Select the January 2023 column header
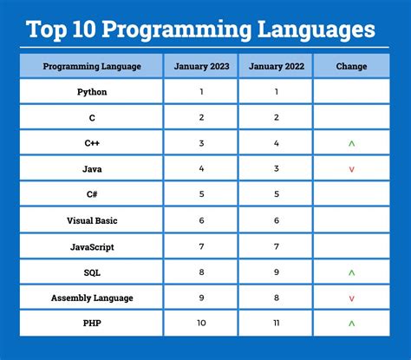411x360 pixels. tap(201, 66)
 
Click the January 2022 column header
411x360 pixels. tap(276, 66)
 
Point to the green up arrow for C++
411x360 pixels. tap(351, 143)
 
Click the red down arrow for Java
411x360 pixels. tap(351, 169)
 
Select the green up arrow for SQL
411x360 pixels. tap(351, 272)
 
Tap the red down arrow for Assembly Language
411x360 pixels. tap(351, 298)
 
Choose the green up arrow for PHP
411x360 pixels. tap(351, 324)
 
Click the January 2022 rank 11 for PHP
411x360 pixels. tap(276, 324)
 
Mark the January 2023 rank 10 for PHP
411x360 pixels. tap(201, 324)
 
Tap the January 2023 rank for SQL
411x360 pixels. tap(201, 272)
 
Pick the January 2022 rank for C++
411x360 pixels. tap(276, 143)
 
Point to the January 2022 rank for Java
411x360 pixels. tap(276, 169)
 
